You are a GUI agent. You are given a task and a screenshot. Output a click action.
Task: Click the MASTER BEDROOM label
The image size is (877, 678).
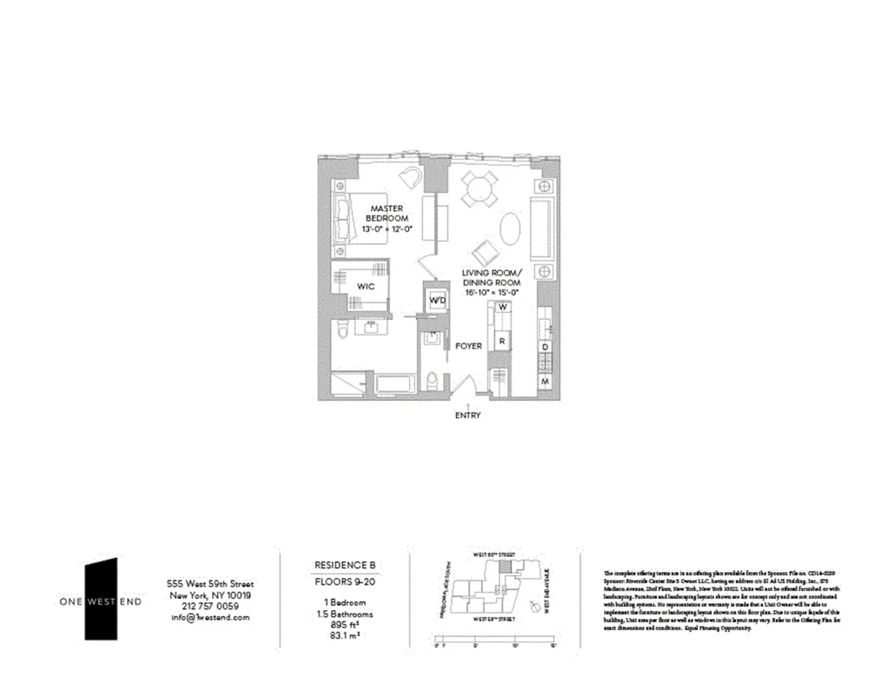pos(386,213)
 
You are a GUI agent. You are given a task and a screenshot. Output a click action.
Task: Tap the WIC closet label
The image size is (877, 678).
pos(366,287)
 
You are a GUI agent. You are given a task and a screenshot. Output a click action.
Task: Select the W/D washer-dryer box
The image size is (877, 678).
pos(437,301)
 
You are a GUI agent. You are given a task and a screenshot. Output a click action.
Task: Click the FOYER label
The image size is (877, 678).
pos(468,346)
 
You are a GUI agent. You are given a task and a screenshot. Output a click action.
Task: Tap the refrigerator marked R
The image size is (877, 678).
pos(502,340)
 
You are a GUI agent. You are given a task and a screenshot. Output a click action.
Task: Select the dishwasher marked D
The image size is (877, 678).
pos(545,347)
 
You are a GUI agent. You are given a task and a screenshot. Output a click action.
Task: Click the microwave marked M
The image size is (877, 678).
pos(545,381)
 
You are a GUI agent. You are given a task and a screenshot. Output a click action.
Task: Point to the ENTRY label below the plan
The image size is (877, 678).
pos(468,415)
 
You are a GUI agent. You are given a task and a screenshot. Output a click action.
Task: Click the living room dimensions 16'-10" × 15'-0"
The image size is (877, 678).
pos(491,292)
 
